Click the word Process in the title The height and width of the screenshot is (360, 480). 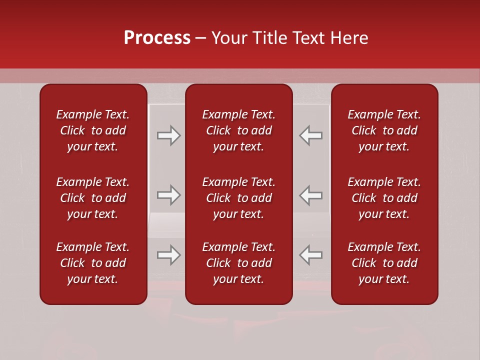pos(157,38)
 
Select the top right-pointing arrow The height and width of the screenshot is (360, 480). pos(169,135)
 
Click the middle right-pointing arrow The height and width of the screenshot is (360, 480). pos(169,195)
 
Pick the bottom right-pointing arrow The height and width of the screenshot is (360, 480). pos(169,255)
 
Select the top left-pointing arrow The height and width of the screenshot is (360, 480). pos(310,135)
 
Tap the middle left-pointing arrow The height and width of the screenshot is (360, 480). pos(310,195)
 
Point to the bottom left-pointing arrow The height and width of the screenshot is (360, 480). pos(310,255)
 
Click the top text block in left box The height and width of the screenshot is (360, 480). pos(93,130)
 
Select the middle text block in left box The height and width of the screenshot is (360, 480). pos(93,198)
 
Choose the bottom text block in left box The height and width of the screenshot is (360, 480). pos(93,263)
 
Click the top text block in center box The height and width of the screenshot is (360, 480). pos(239,130)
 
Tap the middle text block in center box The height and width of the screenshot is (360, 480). pos(239,198)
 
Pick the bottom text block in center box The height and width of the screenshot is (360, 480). pos(239,263)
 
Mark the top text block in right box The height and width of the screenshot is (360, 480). pos(384,130)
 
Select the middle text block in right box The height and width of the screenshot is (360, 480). pos(384,198)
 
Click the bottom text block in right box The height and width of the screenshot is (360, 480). pos(384,263)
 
